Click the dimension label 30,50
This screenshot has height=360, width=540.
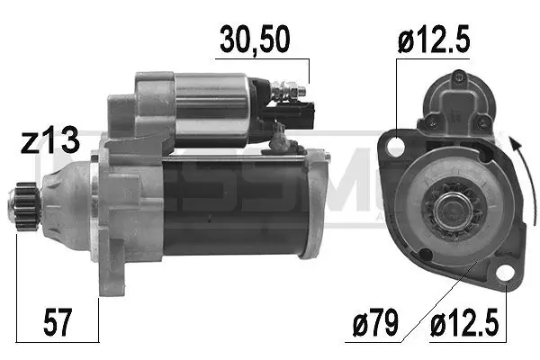[255, 40]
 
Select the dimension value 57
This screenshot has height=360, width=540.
[58, 322]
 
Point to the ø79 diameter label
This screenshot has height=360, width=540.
[375, 322]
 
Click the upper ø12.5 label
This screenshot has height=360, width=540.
[434, 40]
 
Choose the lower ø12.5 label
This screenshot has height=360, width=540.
[465, 322]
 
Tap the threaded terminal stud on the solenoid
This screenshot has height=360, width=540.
[289, 90]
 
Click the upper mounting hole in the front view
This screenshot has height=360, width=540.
[395, 147]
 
